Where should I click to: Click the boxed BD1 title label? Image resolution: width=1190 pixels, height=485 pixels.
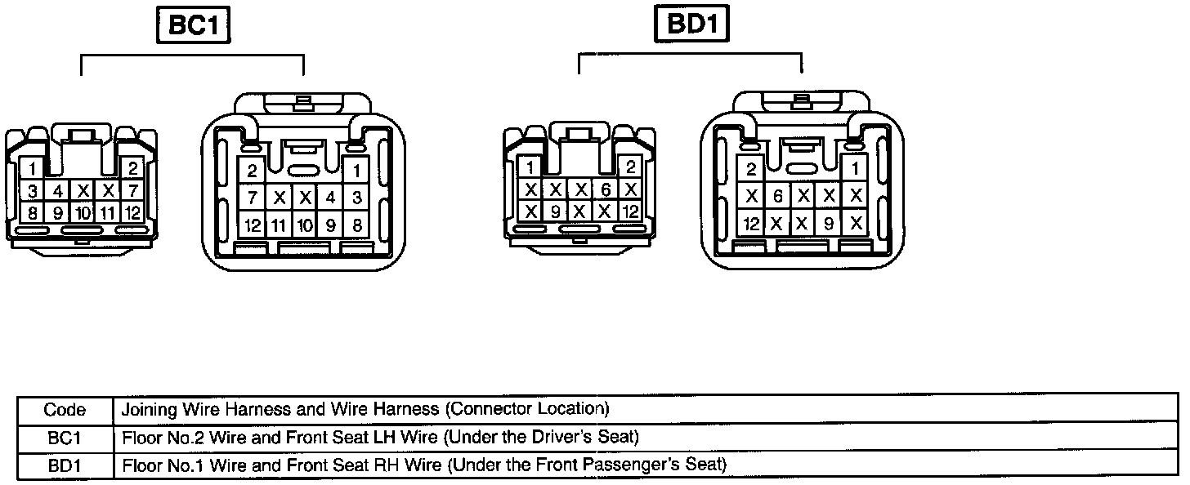point(692,24)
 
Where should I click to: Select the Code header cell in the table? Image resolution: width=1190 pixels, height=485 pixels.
point(65,408)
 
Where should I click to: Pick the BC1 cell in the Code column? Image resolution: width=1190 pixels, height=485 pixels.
point(65,438)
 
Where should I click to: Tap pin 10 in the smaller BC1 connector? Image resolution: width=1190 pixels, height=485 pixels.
point(83,214)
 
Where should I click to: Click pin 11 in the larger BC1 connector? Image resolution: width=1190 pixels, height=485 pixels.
point(279,224)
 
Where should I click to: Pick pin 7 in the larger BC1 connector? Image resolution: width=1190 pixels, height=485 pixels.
point(253,198)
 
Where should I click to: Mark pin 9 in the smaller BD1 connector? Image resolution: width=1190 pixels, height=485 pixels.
point(555,211)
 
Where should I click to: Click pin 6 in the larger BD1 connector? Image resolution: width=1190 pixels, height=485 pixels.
point(777,197)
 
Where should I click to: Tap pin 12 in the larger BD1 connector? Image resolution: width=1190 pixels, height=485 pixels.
point(750,223)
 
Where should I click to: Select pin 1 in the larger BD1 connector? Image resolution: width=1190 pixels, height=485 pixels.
point(855,170)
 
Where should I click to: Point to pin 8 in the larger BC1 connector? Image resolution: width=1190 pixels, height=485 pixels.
point(356,224)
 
